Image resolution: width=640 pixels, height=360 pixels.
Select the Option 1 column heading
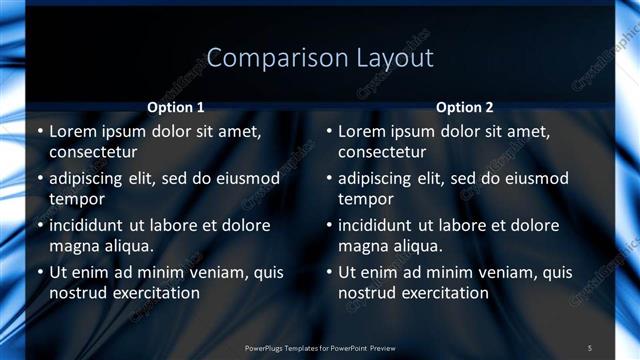pyautogui.click(x=175, y=108)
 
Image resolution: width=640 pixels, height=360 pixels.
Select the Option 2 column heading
pyautogui.click(x=465, y=108)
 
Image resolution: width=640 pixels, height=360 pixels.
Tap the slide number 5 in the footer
pyautogui.click(x=590, y=347)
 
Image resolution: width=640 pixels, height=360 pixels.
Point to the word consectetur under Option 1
pyautogui.click(x=93, y=153)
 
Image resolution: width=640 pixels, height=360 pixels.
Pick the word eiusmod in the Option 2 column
pyautogui.click(x=532, y=178)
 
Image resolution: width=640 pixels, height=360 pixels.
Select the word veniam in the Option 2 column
pyautogui.click(x=482, y=272)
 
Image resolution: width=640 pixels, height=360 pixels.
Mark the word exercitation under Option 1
pyautogui.click(x=153, y=293)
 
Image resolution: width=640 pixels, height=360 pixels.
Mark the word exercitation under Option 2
pyautogui.click(x=443, y=293)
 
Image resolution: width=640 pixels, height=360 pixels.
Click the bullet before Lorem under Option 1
pyautogui.click(x=39, y=131)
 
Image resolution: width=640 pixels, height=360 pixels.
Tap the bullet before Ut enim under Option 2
pyautogui.click(x=329, y=272)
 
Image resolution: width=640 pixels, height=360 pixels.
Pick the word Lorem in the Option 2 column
pyautogui.click(x=362, y=131)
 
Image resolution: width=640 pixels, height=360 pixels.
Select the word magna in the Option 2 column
pyautogui.click(x=364, y=245)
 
